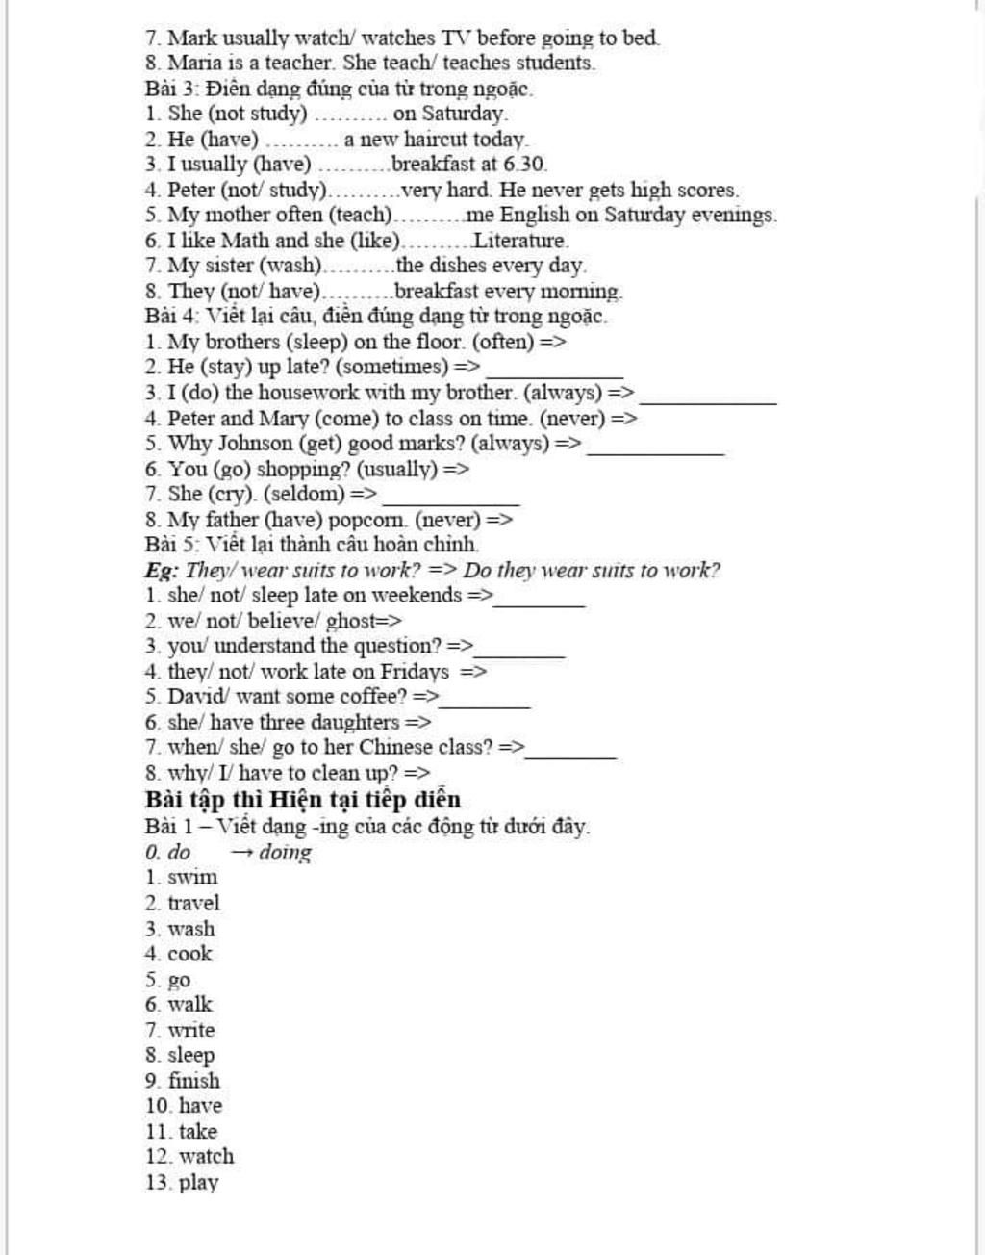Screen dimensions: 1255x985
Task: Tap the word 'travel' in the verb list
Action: coord(193,903)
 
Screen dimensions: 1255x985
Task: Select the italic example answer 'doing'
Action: coord(285,853)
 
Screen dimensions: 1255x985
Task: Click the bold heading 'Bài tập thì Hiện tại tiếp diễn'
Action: coord(303,800)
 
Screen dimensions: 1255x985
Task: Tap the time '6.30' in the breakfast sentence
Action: coord(525,165)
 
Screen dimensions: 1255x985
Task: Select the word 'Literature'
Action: coord(520,241)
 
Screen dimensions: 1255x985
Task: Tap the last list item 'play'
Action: coord(198,1183)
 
